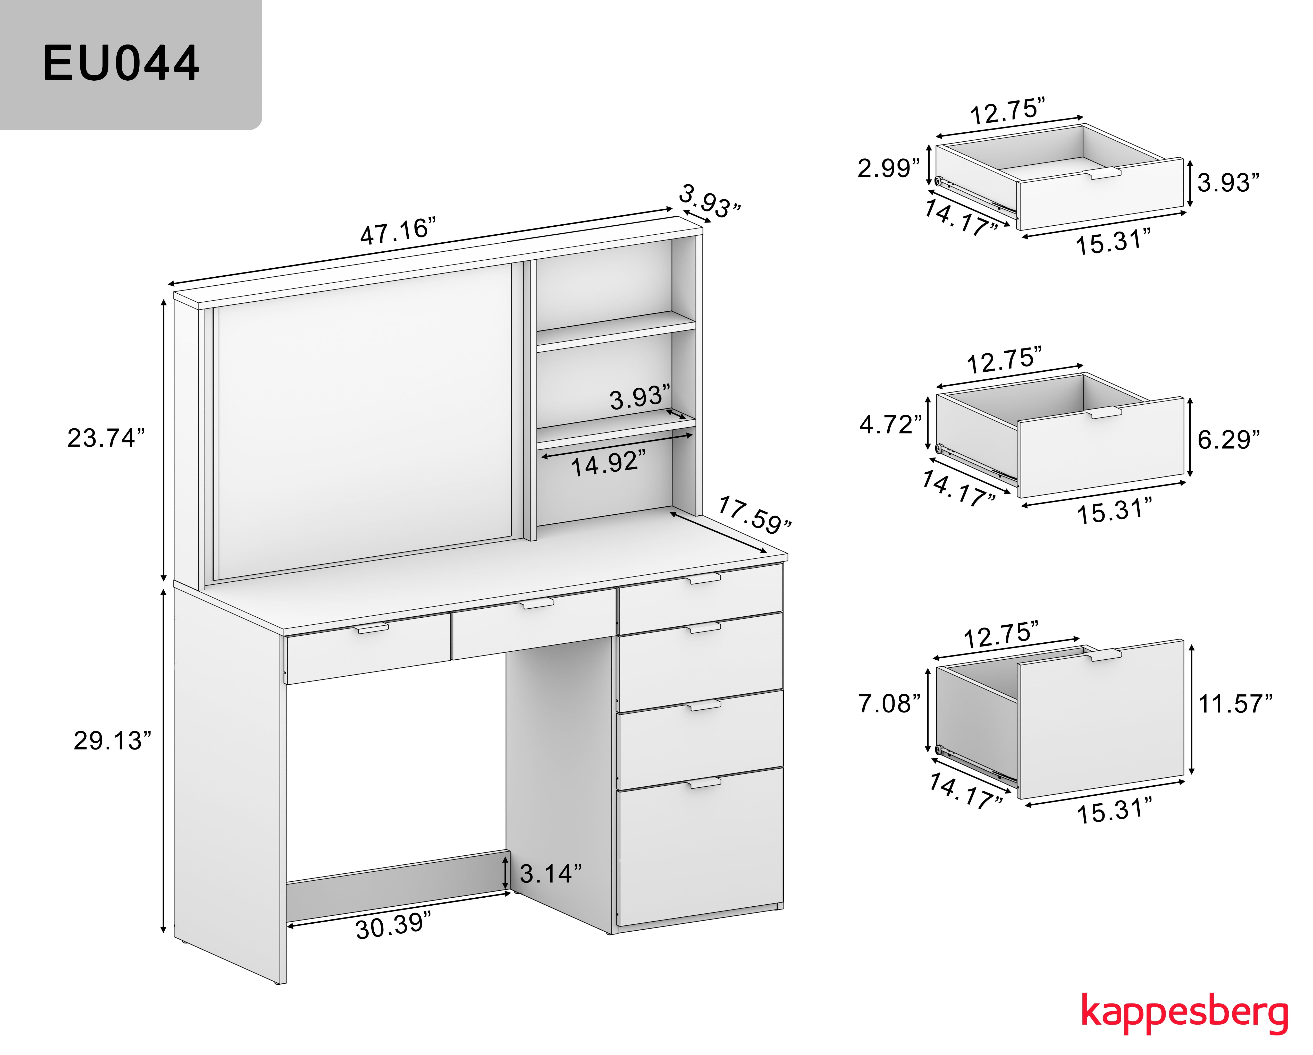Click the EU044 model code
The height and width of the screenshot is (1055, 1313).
[121, 63]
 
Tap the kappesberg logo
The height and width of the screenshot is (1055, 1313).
[1184, 1012]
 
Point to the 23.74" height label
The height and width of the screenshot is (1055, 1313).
[106, 438]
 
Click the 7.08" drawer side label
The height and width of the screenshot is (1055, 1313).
[889, 703]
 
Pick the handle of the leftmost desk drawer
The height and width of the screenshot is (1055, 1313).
[373, 628]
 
